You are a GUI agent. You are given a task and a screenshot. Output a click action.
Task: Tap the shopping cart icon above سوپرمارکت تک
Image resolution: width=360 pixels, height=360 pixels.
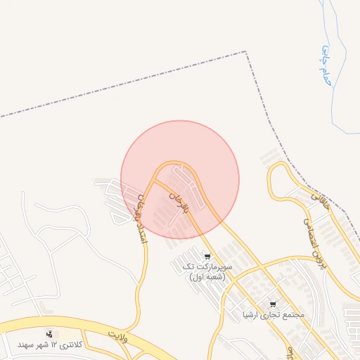207,256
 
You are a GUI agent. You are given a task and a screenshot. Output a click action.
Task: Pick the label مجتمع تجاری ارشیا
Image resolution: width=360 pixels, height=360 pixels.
274,315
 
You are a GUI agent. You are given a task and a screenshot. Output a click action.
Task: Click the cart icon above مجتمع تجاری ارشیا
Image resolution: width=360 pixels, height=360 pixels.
273,304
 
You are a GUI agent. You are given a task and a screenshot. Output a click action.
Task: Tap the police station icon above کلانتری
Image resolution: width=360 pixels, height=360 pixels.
49,334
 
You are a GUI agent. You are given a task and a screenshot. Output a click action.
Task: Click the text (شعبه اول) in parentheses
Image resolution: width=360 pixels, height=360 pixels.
207,277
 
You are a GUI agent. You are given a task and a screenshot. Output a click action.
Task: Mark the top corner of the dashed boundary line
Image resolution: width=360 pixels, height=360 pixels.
246,51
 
